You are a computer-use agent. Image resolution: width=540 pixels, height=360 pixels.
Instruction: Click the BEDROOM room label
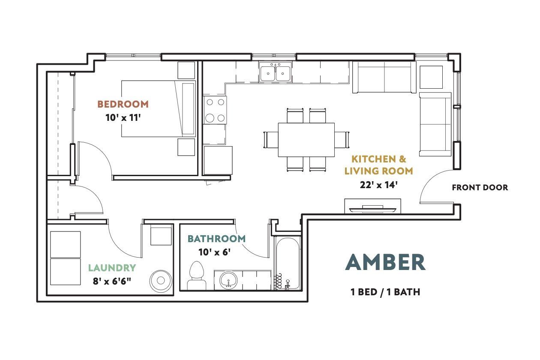tap(123, 104)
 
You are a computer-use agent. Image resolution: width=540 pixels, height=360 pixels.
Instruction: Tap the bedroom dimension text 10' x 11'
tap(123, 118)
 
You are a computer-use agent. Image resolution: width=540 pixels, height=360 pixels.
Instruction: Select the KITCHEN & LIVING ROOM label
tap(379, 165)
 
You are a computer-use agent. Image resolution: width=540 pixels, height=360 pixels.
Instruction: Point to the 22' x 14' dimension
tap(379, 185)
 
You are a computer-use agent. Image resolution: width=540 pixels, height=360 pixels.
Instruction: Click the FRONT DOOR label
tap(480, 187)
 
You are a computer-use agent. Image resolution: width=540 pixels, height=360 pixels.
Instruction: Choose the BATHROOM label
tap(216, 239)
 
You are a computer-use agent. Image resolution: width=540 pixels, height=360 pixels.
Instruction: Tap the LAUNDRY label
tap(112, 268)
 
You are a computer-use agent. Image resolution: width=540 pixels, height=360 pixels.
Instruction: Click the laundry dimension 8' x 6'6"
tap(112, 281)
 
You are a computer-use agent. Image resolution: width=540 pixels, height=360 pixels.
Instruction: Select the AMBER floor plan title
tap(385, 262)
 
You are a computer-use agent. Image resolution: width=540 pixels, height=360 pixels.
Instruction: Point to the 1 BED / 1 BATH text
tap(385, 292)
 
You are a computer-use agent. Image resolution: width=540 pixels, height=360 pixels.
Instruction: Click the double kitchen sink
tap(275, 72)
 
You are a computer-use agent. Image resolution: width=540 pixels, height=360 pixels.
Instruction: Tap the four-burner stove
tap(215, 110)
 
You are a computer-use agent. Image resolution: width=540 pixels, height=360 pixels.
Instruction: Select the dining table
tap(306, 140)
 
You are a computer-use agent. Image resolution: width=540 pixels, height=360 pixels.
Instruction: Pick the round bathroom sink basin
tap(228, 280)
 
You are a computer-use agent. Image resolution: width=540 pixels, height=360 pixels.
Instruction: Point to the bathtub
tap(288, 263)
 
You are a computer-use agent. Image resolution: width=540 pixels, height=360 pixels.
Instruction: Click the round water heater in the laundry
tap(161, 280)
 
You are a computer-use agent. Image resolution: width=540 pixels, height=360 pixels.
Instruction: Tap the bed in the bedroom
tap(158, 109)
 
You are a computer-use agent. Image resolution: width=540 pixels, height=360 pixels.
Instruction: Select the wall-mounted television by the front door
tap(373, 209)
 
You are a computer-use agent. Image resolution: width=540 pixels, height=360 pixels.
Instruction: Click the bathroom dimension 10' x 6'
tap(215, 252)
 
